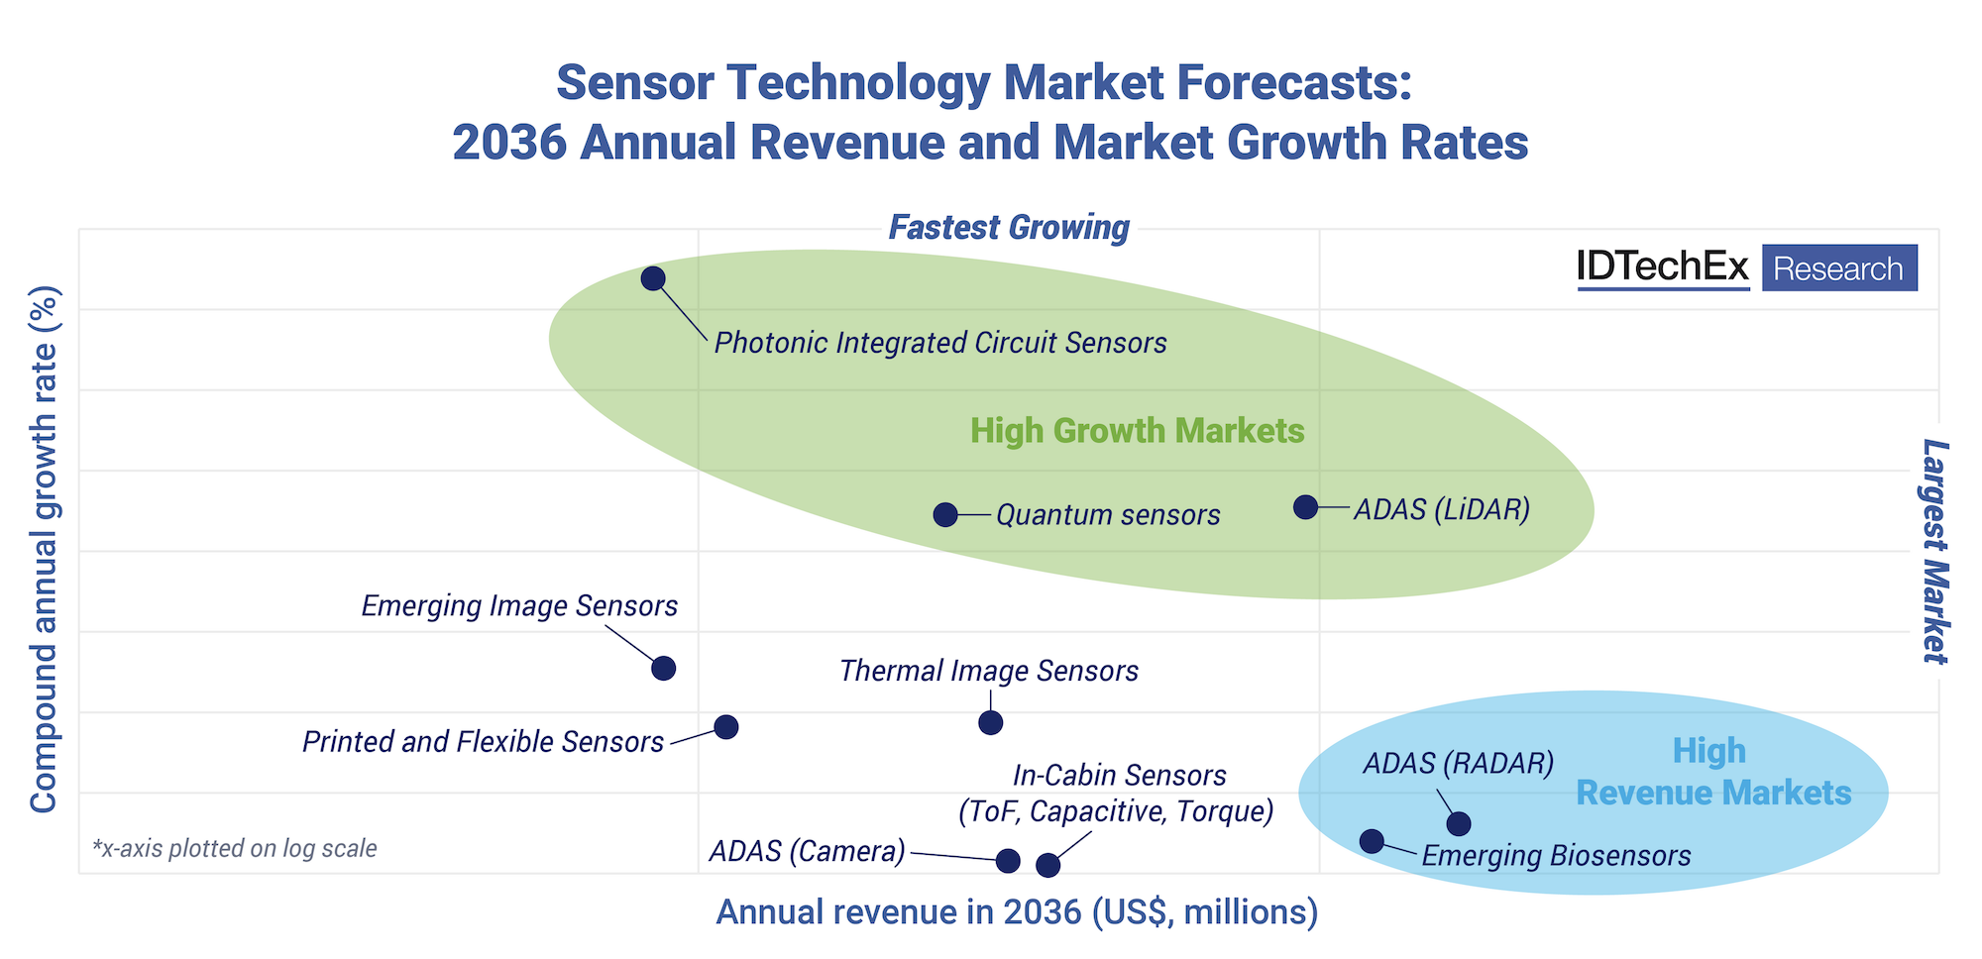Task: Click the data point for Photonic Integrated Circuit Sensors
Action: coord(652,278)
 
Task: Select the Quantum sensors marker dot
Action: coord(945,514)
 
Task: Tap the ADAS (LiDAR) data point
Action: coord(1306,507)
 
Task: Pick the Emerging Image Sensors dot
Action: coord(664,668)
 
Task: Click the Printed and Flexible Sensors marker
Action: coord(726,727)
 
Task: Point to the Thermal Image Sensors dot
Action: coord(990,722)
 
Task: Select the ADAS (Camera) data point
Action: coord(1008,860)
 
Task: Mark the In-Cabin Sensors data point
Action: coord(1047,865)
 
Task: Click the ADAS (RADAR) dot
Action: coord(1458,823)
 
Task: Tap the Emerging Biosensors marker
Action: coord(1372,841)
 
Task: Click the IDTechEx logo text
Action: coord(1663,267)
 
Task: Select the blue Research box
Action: coord(1838,268)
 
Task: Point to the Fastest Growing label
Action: coord(1009,228)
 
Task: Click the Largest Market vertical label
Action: coord(1934,551)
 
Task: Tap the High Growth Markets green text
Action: coord(1137,431)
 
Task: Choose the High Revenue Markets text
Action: coord(1712,773)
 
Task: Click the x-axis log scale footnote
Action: coord(235,848)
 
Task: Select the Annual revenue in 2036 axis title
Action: coord(1017,911)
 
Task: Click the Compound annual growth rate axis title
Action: coord(44,550)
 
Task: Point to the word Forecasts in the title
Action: coord(1294,82)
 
